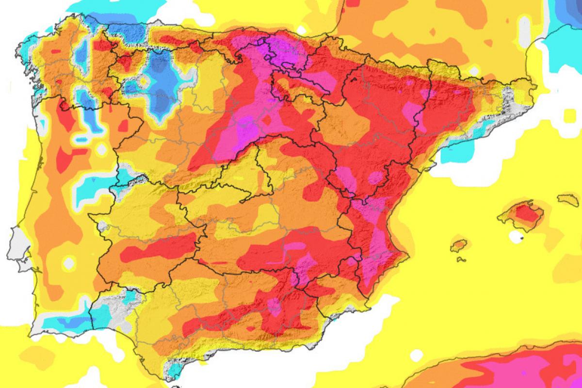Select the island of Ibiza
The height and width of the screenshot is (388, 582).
click(458, 245)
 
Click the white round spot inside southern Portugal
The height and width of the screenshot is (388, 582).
click(69, 263)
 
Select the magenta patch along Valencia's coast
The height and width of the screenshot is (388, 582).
click(373, 238)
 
